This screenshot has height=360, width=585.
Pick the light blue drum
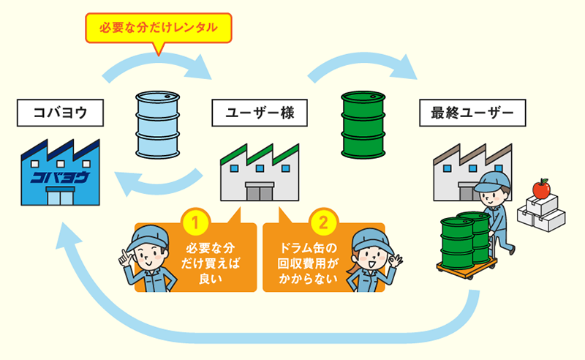click(x=159, y=125)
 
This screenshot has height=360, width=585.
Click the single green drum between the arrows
click(x=363, y=124)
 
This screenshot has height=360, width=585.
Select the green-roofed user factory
click(x=260, y=171)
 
